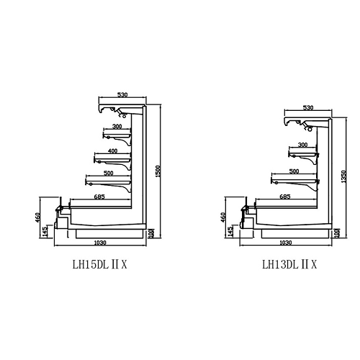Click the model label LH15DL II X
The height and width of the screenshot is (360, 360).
(99, 265)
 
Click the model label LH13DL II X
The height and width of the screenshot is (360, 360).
(289, 265)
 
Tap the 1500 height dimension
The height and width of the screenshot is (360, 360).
(158, 171)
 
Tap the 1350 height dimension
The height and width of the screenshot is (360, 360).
(343, 176)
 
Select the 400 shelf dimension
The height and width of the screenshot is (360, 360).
(112, 151)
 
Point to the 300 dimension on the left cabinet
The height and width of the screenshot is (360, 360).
(117, 126)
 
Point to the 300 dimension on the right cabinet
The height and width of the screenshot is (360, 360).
(302, 145)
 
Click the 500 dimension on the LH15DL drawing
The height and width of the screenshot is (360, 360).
(108, 173)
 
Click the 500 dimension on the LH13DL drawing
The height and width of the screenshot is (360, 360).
(294, 171)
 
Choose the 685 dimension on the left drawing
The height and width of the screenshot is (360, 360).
(99, 197)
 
